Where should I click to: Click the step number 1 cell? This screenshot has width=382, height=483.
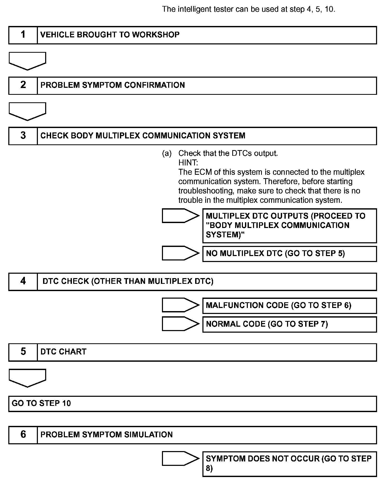(23, 35)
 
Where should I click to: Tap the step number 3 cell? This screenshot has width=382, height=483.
(23, 136)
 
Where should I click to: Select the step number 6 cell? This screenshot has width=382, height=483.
(23, 434)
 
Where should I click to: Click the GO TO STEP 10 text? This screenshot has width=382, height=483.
(41, 403)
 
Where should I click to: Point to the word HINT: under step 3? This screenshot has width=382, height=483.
(188, 163)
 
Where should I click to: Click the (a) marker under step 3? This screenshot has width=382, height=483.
(167, 153)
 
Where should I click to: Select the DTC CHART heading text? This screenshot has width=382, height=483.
(63, 352)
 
